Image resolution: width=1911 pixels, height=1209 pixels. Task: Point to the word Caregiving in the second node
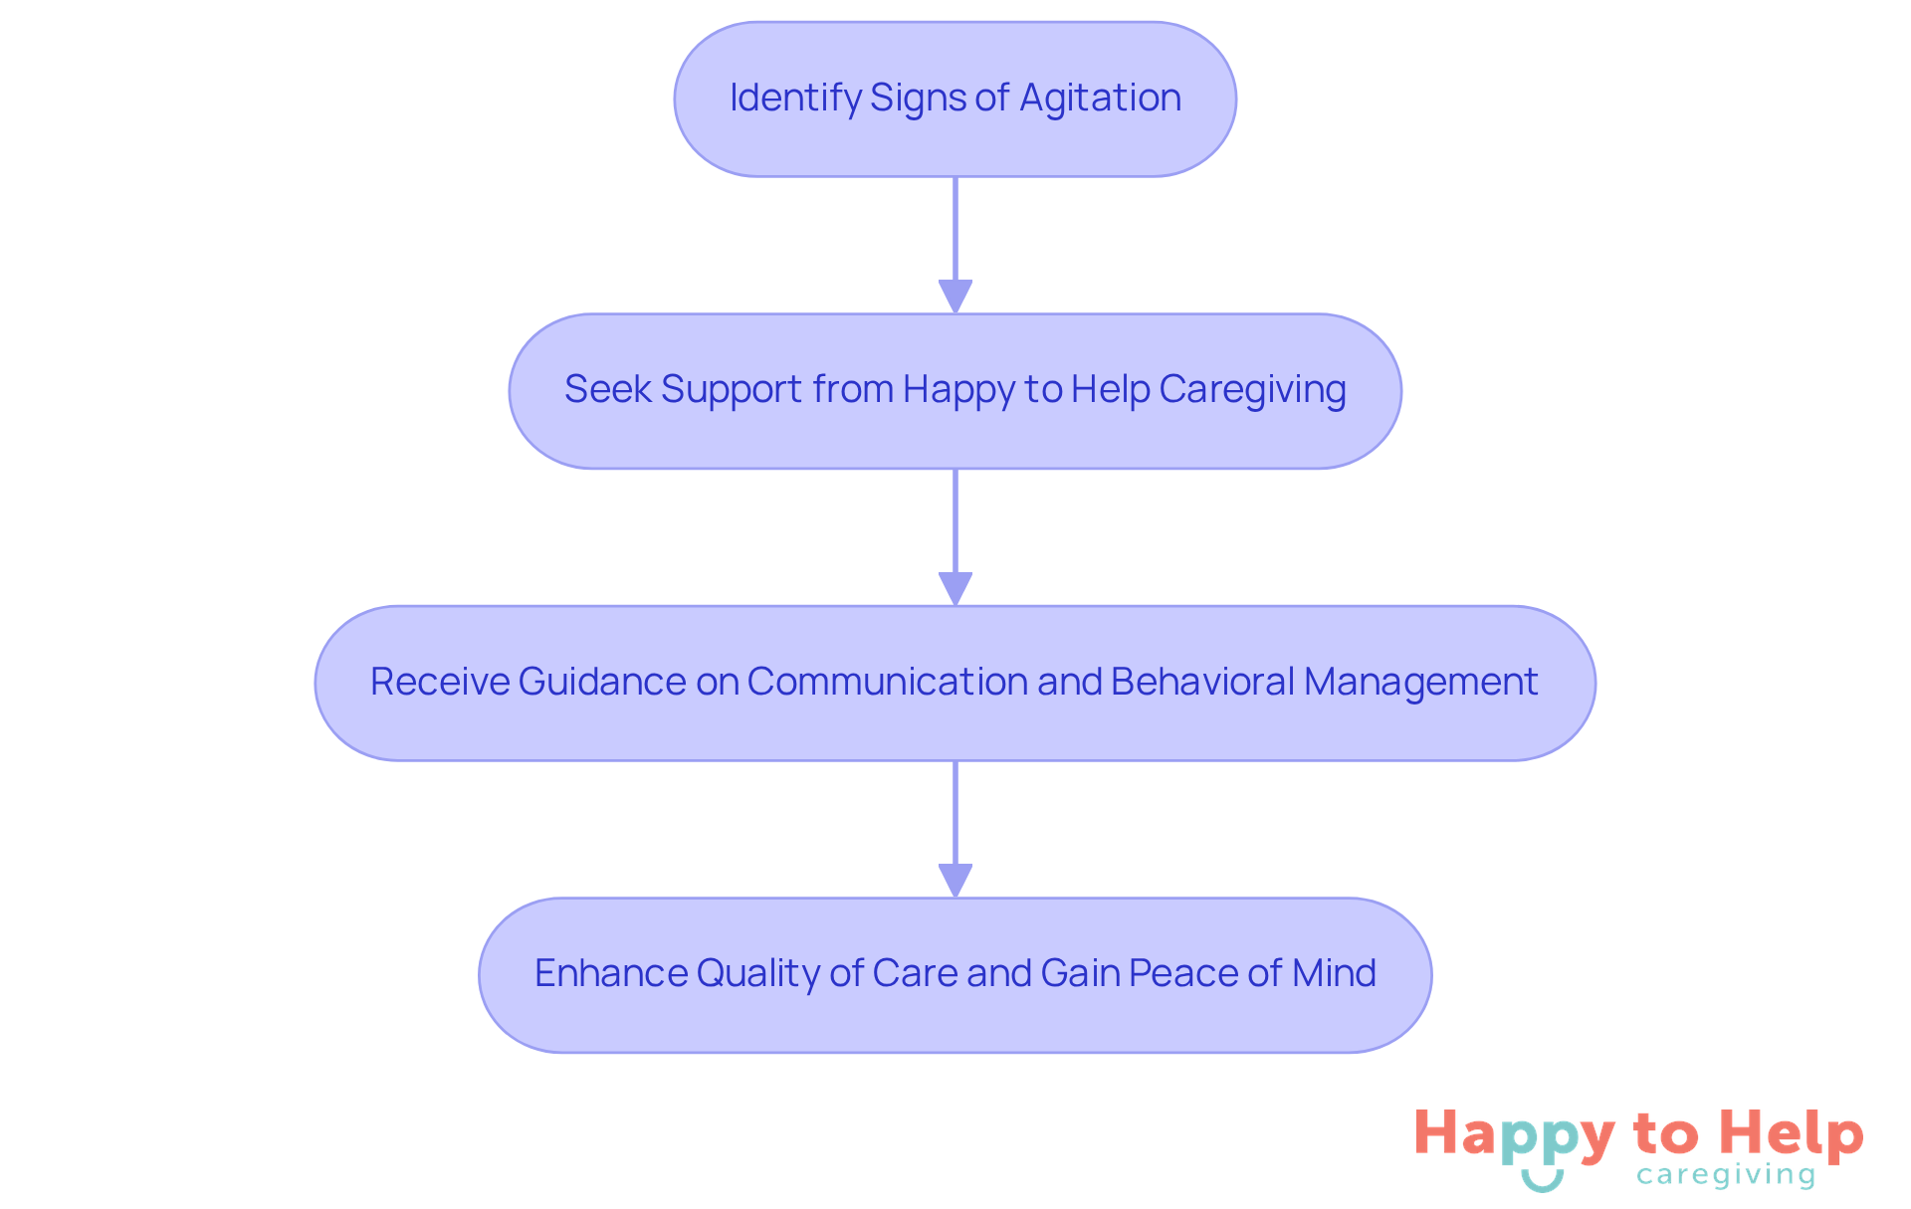1252,389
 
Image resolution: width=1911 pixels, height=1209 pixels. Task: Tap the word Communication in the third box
887,682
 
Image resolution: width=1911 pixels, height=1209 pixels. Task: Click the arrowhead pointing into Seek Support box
955,297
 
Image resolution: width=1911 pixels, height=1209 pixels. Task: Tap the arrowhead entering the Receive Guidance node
955,588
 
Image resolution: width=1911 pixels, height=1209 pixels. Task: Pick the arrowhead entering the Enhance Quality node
955,881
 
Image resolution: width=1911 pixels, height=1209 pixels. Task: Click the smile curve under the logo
1543,1181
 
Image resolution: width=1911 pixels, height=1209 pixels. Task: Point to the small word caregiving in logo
1726,1176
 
